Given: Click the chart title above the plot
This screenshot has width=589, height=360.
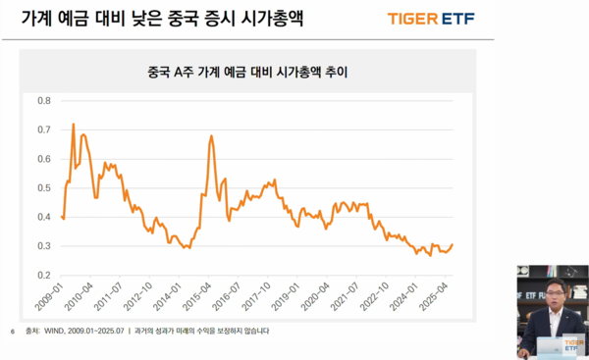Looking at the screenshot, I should [x=247, y=73].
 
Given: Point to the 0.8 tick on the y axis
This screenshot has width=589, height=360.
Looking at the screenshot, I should [x=44, y=100].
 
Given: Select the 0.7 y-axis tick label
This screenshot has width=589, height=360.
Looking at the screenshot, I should [x=44, y=129].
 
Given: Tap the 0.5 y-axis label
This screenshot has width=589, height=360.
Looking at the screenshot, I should [x=44, y=187].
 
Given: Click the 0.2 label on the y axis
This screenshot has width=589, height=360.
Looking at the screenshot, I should [x=44, y=276].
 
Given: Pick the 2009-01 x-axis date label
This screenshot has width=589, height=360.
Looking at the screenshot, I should [x=51, y=296].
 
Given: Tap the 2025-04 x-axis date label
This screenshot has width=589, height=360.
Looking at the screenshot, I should [x=435, y=296].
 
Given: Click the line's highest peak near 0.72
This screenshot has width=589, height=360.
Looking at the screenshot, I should [x=74, y=125].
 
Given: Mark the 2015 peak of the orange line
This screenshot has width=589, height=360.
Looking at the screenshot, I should [x=211, y=136].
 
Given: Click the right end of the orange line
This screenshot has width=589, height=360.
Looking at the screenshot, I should [x=453, y=245].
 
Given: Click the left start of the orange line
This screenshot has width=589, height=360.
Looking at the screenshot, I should [x=62, y=216].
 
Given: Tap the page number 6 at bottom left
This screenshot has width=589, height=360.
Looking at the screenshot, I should [x=11, y=332].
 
